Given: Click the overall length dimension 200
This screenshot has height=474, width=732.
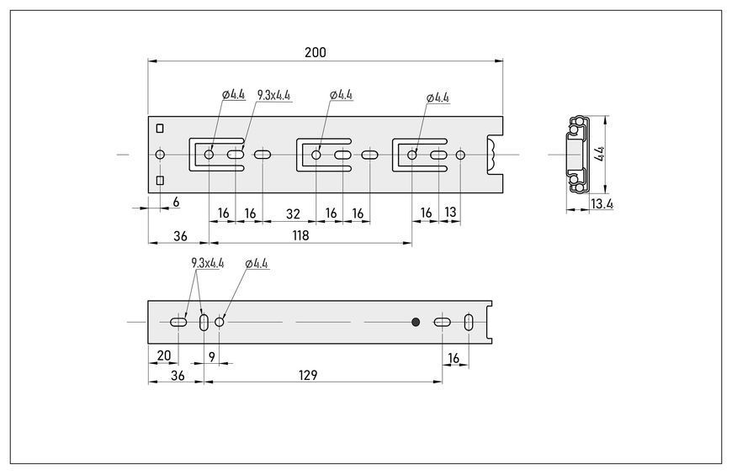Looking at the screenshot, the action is click(316, 52).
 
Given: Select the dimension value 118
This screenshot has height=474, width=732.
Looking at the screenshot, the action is click(300, 235).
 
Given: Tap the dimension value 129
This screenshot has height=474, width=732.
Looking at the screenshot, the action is click(308, 375).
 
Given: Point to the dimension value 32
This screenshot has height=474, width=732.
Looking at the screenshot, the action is click(293, 213).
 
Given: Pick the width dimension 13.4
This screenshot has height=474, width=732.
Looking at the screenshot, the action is click(602, 204).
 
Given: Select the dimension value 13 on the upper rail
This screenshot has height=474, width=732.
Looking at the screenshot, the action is click(450, 213).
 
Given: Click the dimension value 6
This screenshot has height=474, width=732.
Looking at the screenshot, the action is click(176, 202).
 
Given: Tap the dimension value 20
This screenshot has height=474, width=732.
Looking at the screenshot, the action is click(164, 355).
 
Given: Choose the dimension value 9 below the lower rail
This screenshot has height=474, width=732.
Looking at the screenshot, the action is click(212, 357).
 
